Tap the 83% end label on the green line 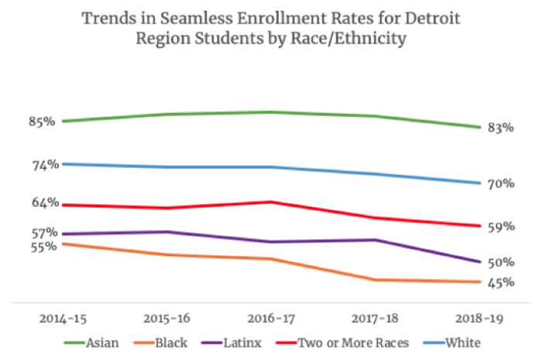501,128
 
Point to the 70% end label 501,183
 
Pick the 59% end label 501,227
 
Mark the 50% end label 501,262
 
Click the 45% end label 501,283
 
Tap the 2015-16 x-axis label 166,319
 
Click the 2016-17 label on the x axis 270,319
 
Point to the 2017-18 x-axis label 375,319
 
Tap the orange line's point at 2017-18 375,279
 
